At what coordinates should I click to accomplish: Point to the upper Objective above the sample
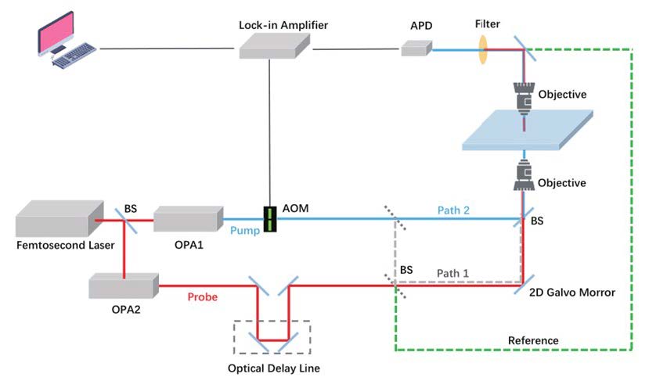click(x=522, y=97)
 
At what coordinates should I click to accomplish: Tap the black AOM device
click(x=270, y=217)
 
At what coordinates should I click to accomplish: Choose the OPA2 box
click(x=123, y=286)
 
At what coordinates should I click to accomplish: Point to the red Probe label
click(x=204, y=298)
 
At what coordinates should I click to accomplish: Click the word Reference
click(x=533, y=340)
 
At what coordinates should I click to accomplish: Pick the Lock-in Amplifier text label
click(x=283, y=25)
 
